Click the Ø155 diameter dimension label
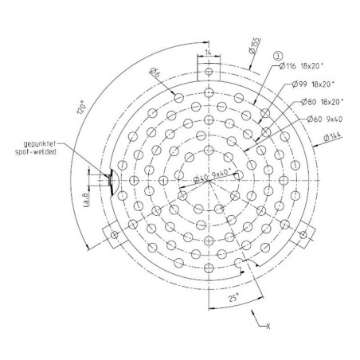click(255, 46)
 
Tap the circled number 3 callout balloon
click(278, 57)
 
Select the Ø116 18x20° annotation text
click(302, 66)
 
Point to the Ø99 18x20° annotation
click(313, 84)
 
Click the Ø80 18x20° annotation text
click(323, 102)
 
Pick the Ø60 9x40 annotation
click(325, 119)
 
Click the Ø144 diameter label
click(332, 137)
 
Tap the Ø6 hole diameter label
click(155, 72)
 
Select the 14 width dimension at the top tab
click(209, 53)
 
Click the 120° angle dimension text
click(82, 107)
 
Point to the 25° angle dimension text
click(233, 298)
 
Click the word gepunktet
click(40, 144)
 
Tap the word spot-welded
click(36, 152)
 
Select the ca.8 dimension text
click(86, 200)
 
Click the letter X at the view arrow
click(268, 327)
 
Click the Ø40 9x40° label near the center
click(212, 175)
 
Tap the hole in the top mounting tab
click(209, 72)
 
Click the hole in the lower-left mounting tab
click(115, 235)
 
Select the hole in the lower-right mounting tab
click(303, 235)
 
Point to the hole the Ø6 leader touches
click(179, 98)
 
